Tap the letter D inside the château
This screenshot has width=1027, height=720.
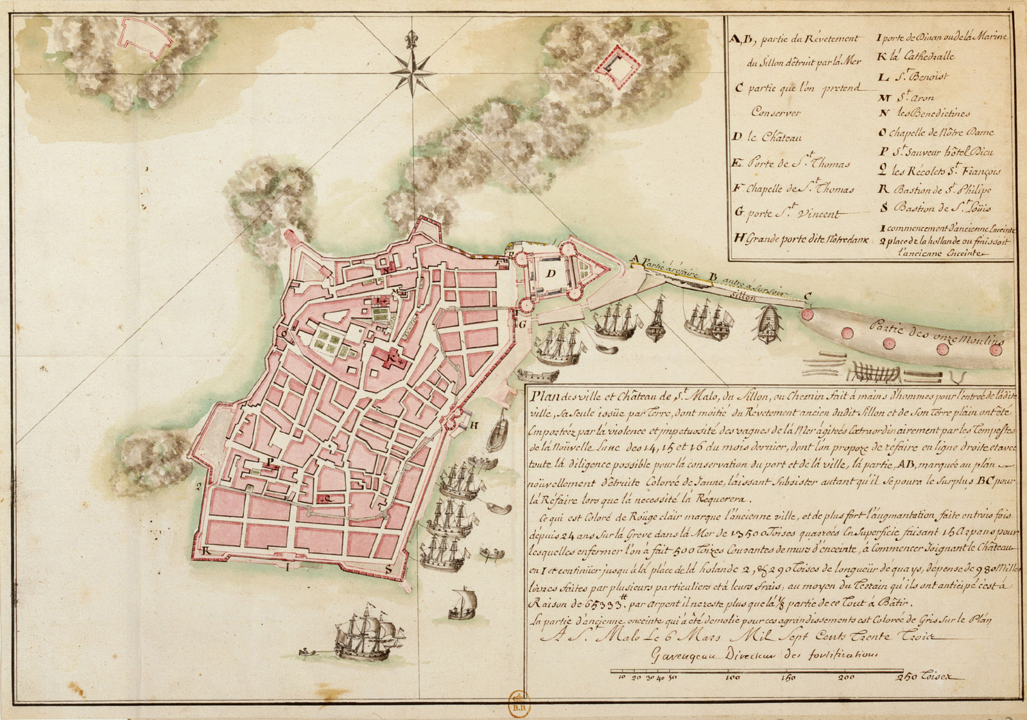[x=550, y=273]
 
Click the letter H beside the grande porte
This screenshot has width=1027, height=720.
[x=474, y=425]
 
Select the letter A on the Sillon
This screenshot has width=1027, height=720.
[x=635, y=259]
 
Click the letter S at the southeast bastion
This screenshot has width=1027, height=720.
[x=388, y=569]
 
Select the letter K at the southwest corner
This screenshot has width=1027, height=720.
[x=207, y=551]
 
